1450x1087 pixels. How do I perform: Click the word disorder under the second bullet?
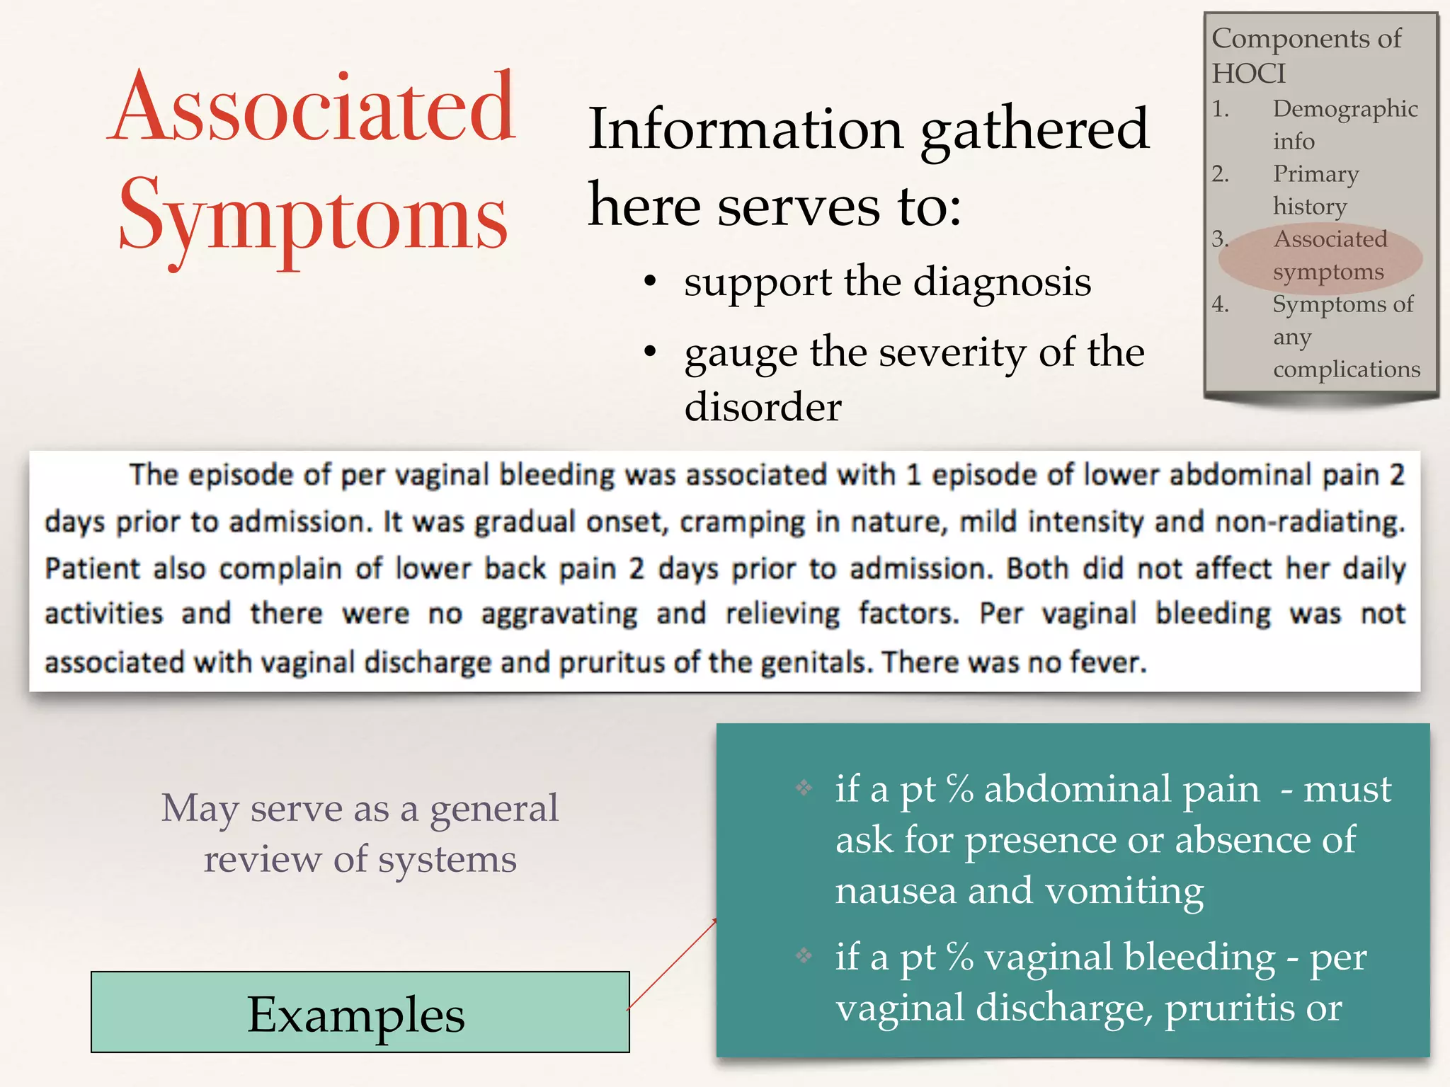(763, 407)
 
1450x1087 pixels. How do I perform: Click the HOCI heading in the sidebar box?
(1248, 74)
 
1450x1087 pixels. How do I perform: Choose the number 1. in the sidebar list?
(1221, 108)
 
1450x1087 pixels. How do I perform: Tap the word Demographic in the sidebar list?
(1345, 108)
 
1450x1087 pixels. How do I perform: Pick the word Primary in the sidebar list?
(1315, 173)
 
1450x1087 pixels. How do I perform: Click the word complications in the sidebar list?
(1347, 369)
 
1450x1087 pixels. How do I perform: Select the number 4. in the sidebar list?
(1221, 304)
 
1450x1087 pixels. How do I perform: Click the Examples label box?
(360, 1012)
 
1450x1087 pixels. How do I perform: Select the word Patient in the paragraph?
(92, 569)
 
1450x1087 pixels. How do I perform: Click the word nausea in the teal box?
(895, 890)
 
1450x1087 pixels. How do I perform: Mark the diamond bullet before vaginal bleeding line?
(804, 956)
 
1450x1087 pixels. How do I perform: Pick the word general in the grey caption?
(494, 808)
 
